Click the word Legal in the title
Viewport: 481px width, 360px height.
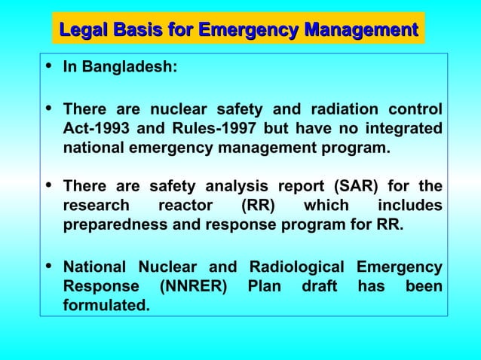point(83,31)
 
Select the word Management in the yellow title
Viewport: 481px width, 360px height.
point(360,31)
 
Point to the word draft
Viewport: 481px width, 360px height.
point(319,287)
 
